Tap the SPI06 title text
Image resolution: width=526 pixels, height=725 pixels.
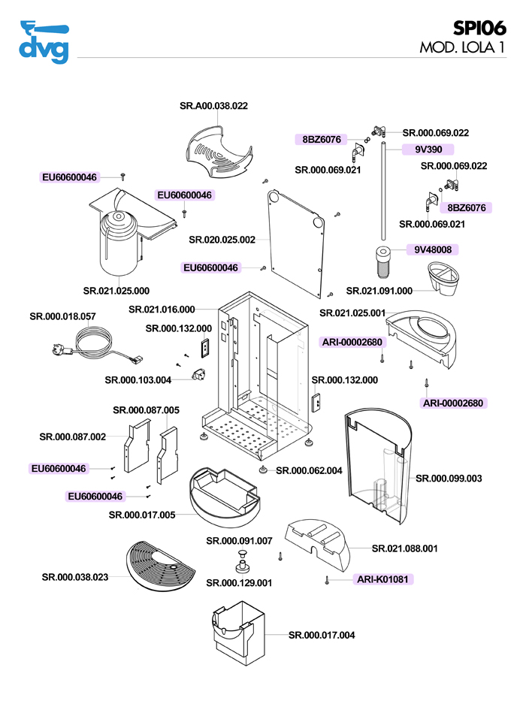click(479, 29)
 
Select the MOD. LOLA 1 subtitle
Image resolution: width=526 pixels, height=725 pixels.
click(461, 49)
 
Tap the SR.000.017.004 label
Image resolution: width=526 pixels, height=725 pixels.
click(322, 635)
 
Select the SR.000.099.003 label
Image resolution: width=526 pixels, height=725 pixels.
click(449, 478)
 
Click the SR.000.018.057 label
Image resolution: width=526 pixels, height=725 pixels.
click(62, 317)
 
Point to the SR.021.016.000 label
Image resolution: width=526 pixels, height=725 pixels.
click(162, 309)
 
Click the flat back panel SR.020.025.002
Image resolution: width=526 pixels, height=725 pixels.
click(298, 240)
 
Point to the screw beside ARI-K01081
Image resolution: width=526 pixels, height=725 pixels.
click(328, 579)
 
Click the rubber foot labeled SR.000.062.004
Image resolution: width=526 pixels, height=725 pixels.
click(263, 470)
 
